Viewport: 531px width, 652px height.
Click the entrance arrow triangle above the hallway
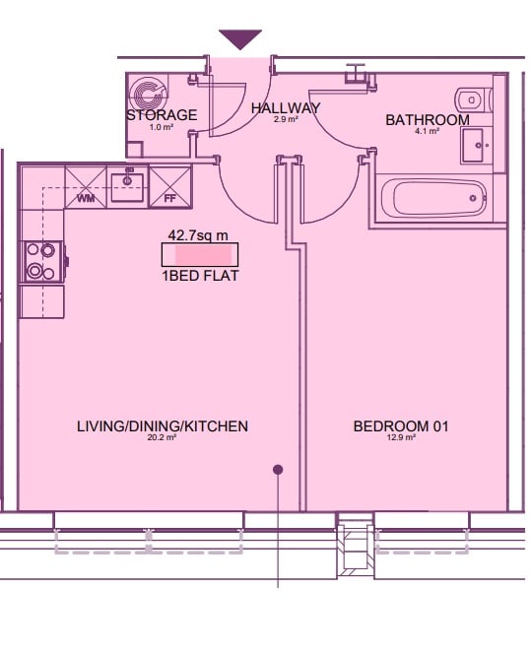(240, 38)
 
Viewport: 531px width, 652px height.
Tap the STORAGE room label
(162, 115)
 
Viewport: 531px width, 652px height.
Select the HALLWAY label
(286, 108)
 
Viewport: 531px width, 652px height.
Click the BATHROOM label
(428, 120)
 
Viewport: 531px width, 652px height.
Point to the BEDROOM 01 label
(401, 426)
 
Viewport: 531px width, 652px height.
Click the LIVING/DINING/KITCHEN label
(163, 426)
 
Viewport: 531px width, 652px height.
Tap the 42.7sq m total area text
(198, 235)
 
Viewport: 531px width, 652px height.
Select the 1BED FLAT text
(200, 276)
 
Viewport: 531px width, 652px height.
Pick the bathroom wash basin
(477, 146)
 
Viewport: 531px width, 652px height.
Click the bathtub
(439, 198)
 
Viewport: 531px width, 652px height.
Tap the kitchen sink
(127, 187)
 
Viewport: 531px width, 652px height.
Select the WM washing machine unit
(86, 187)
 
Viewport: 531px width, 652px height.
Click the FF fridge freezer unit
(169, 187)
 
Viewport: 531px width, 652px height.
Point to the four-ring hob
(41, 262)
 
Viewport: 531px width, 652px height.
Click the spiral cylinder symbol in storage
(146, 95)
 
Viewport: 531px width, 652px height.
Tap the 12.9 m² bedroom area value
(401, 437)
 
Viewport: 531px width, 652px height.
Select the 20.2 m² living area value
(163, 437)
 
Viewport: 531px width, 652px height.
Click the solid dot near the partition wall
(278, 470)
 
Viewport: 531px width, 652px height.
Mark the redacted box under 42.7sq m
(200, 254)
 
